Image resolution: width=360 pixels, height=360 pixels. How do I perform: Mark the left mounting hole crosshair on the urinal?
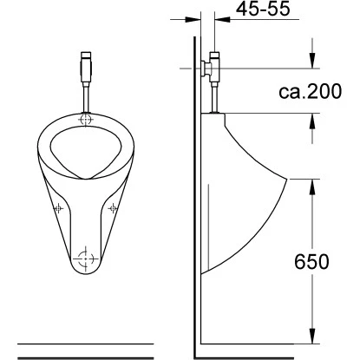(x=58, y=209)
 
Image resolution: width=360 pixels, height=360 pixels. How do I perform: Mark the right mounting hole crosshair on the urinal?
(x=112, y=209)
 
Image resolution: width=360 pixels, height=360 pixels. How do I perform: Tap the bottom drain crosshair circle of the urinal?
(x=85, y=257)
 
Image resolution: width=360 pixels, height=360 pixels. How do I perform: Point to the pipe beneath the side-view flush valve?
(x=213, y=97)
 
